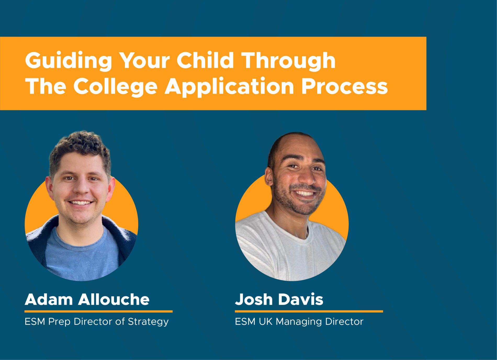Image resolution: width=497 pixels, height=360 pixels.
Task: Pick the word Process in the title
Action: (344, 86)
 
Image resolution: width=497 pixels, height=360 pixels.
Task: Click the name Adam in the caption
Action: (49, 299)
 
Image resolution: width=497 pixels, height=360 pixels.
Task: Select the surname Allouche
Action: (114, 299)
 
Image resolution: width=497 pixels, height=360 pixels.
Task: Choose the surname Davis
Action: (301, 299)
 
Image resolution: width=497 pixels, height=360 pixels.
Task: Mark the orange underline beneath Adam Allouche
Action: (99, 311)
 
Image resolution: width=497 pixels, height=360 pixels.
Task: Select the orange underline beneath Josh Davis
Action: (309, 311)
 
